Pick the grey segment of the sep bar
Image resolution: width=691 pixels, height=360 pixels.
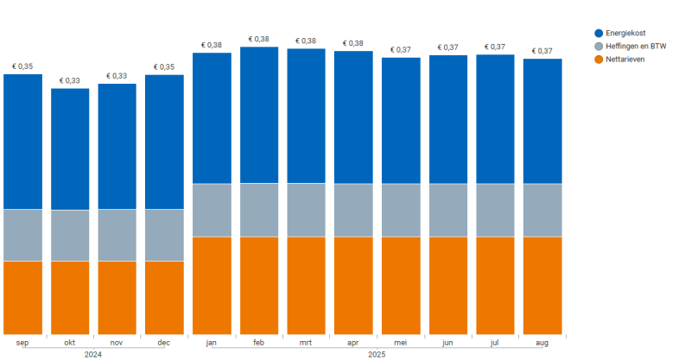click(x=22, y=235)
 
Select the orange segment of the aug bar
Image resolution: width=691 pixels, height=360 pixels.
click(x=542, y=285)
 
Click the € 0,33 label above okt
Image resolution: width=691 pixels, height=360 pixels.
click(x=70, y=81)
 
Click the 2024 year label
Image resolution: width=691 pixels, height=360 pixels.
click(x=93, y=354)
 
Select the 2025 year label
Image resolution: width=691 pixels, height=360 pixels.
click(x=377, y=354)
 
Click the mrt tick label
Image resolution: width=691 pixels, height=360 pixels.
click(x=306, y=343)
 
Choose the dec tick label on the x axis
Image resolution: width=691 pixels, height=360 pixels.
click(x=164, y=343)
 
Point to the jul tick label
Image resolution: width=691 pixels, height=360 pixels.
click(x=495, y=343)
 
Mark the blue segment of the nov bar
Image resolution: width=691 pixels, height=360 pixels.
click(x=117, y=146)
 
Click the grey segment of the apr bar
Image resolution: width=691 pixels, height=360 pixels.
click(x=353, y=210)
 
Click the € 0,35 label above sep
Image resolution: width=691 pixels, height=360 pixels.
click(x=22, y=66)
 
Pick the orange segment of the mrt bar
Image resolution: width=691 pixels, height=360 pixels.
click(x=306, y=285)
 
